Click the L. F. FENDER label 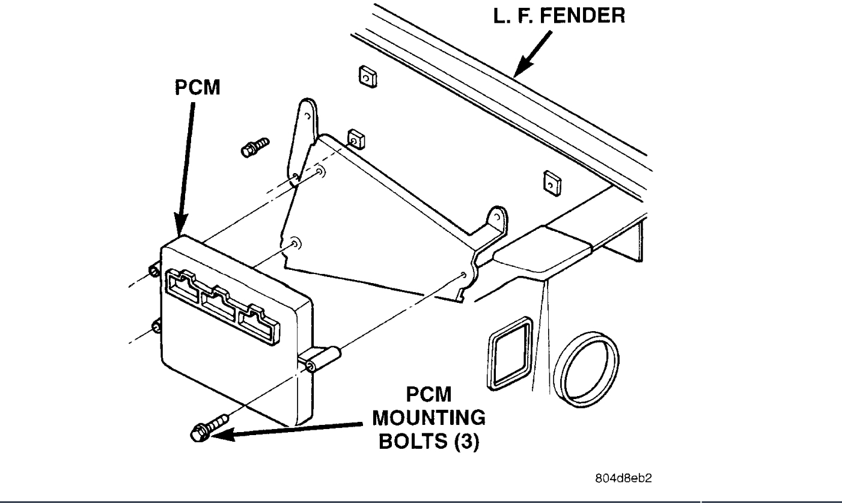(559, 16)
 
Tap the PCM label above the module (198, 88)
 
